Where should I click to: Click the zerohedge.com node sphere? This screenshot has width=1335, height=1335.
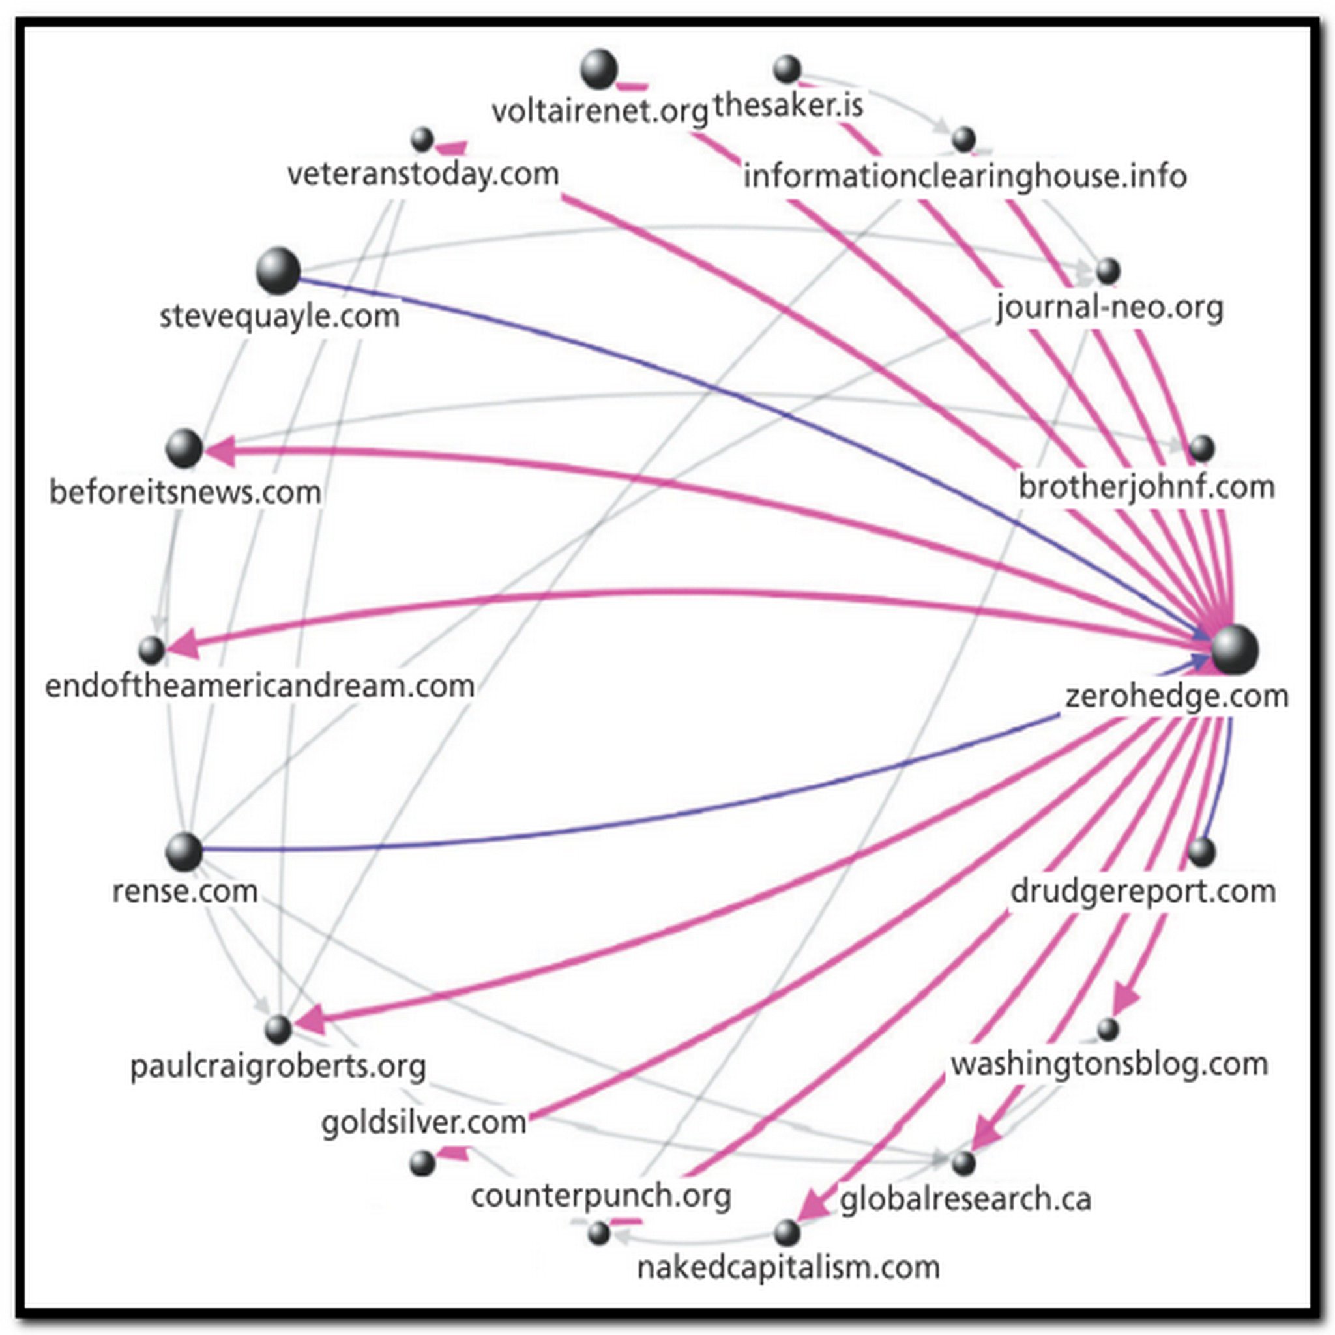point(1235,649)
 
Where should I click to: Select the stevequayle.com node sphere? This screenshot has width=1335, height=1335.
point(278,271)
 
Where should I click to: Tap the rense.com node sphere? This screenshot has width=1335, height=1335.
point(184,851)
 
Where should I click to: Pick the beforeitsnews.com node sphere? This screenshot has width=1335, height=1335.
point(184,448)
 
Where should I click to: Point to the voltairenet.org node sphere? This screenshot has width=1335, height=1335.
point(598,69)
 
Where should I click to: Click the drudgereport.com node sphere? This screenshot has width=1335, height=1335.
point(1201,851)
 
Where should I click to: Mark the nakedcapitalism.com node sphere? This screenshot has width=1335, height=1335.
point(786,1232)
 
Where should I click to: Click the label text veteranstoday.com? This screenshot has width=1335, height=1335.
point(423,174)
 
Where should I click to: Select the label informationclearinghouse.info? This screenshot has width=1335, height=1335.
point(965,177)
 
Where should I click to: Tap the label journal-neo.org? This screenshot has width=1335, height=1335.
point(1109,308)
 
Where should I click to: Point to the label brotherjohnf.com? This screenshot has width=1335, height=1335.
point(1147,487)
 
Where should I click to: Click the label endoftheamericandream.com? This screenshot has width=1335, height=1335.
point(260,686)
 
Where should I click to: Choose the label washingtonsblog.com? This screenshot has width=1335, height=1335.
point(1109,1064)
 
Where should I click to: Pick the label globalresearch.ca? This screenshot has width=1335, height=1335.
point(965,1199)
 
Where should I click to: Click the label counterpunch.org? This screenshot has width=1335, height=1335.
point(600,1196)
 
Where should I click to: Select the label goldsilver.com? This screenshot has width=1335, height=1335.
point(424,1122)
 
